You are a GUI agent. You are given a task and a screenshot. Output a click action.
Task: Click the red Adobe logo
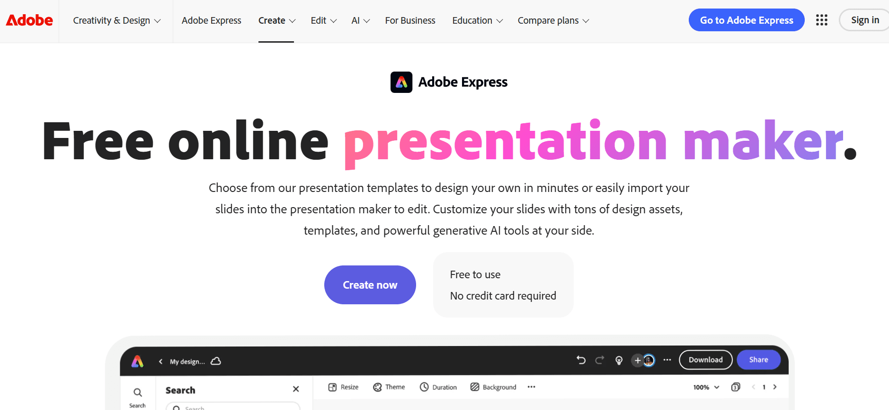point(29,20)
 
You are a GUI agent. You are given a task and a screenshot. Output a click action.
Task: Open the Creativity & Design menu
point(116,21)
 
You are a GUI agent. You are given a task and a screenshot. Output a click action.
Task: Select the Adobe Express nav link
point(211,21)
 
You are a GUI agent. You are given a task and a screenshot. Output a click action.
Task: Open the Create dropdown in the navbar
point(276,21)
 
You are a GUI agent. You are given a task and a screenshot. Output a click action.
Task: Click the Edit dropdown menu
point(323,21)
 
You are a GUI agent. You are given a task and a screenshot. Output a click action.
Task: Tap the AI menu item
point(360,21)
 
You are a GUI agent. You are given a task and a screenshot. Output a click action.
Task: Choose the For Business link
point(410,21)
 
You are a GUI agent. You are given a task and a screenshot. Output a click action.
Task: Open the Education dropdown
point(477,21)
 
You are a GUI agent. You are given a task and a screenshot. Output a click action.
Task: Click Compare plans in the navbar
point(553,21)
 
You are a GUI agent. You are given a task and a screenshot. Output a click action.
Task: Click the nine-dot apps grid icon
point(821,20)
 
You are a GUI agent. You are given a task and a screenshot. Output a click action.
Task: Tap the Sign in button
point(864,20)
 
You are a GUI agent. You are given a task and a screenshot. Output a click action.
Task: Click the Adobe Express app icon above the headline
point(401,82)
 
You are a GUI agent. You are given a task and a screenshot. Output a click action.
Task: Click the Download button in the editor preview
point(705,360)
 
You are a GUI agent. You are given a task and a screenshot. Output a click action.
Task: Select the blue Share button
point(758,360)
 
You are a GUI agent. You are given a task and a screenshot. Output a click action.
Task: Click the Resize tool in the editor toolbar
point(344,387)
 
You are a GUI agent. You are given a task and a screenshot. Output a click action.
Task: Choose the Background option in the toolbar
point(493,387)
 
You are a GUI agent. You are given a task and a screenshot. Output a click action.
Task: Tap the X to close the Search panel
point(296,389)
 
